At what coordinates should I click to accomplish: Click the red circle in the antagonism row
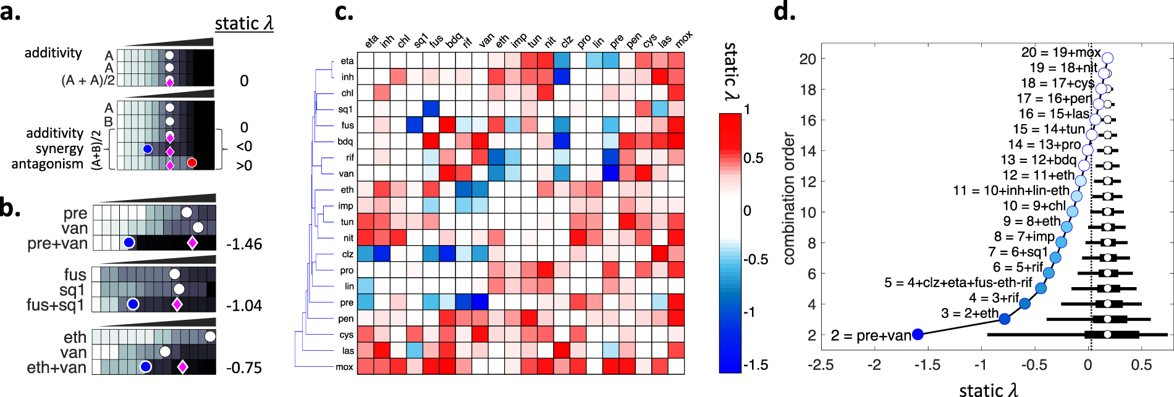coord(192,163)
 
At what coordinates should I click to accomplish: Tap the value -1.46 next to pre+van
coord(244,244)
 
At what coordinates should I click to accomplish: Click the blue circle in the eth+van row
coord(146,367)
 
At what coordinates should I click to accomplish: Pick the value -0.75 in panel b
coord(244,368)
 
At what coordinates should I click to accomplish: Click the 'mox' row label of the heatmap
coord(344,367)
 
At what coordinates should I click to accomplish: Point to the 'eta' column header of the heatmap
coord(371,42)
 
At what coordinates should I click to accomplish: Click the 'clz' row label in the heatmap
coord(347,254)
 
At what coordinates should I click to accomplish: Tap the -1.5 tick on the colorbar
coord(756,365)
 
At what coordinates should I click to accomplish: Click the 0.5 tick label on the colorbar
coord(754,158)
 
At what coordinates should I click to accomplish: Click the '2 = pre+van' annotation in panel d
coord(871,335)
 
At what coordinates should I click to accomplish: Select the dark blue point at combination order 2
coord(918,334)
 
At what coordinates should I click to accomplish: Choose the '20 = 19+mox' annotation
coord(1060,52)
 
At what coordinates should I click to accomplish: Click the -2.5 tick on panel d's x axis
coord(821,365)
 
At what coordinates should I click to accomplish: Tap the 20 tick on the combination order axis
coord(808,59)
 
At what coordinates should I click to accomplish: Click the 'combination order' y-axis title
coord(789,198)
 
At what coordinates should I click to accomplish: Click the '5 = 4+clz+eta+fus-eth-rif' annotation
coord(958,283)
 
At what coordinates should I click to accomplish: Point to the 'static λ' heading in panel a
coord(243,23)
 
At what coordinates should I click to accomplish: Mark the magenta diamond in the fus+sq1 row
coord(177,304)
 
